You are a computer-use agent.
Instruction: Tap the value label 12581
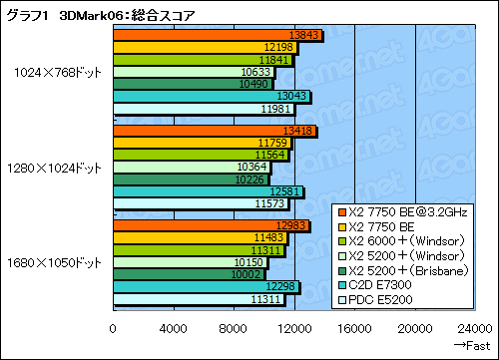pyautogui.click(x=285, y=192)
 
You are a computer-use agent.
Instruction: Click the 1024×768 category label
pyautogui.click(x=57, y=72)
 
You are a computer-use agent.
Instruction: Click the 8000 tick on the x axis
pyautogui.click(x=234, y=326)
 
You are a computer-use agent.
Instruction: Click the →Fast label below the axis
pyautogui.click(x=473, y=344)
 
